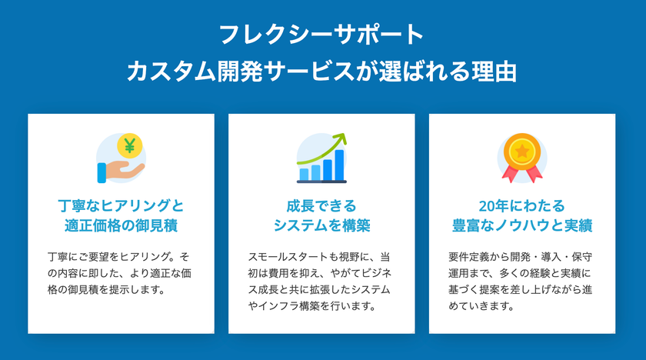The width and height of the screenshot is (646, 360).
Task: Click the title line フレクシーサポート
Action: (321, 35)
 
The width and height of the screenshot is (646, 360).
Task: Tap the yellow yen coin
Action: (130, 146)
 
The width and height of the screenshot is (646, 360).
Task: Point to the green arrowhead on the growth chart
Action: (341, 139)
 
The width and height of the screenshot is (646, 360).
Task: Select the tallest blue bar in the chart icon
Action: (339, 165)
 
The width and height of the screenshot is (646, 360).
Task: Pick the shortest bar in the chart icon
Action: (304, 175)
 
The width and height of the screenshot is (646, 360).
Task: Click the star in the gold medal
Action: (522, 152)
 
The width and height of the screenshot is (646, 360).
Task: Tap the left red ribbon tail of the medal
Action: (510, 173)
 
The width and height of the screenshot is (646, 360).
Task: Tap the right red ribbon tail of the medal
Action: (534, 173)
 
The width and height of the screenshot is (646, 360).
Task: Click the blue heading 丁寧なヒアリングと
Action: (121, 205)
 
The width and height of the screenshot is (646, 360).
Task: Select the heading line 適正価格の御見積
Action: (122, 225)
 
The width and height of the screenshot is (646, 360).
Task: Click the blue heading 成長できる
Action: (321, 205)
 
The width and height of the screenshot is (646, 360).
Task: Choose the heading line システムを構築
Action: (321, 225)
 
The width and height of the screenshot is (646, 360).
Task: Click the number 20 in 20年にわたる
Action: (487, 206)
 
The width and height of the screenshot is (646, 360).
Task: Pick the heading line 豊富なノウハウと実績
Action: (522, 225)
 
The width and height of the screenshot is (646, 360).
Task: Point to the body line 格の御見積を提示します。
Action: (106, 289)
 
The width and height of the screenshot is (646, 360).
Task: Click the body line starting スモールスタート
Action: (319, 257)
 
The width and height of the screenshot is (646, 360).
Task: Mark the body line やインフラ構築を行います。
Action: (312, 306)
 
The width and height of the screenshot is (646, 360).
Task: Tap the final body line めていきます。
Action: (481, 306)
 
